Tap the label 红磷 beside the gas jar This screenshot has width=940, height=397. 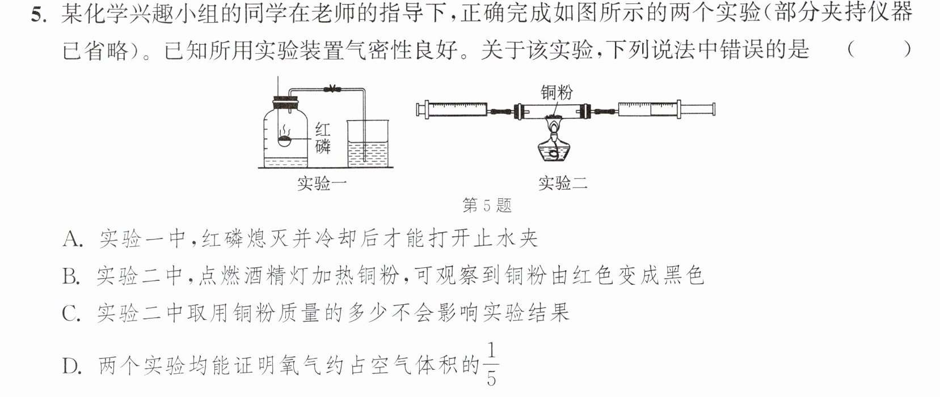322,138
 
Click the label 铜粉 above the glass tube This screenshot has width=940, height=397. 556,92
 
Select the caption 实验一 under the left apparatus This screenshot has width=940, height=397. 322,183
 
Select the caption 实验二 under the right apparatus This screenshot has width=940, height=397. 563,183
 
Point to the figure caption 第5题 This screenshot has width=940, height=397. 487,205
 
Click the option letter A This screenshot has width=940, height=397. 72,240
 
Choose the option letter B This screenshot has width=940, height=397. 71,277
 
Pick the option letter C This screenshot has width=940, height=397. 71,313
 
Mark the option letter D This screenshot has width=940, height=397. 71,366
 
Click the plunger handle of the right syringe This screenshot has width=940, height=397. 697,110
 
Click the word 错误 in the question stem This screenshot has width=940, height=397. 743,50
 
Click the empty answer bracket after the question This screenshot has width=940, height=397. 879,50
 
